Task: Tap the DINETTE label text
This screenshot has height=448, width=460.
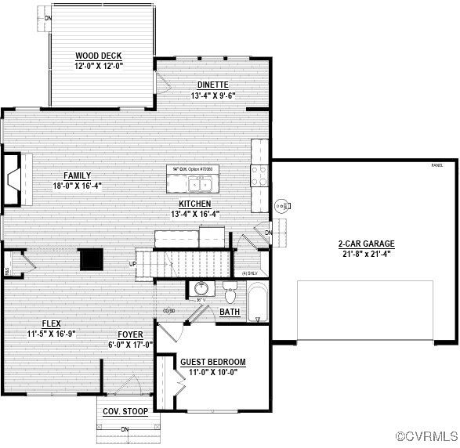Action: tap(212, 85)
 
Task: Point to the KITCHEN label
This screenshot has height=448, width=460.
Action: tap(195, 203)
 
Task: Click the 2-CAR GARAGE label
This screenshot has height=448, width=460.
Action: tap(366, 244)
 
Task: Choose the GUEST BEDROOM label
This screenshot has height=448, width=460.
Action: tap(213, 362)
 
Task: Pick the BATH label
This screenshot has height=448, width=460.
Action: tap(230, 312)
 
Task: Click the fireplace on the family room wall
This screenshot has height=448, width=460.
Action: tap(13, 180)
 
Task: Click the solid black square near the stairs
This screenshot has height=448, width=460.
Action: tap(92, 258)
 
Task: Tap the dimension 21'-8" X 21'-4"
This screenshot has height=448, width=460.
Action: tap(366, 253)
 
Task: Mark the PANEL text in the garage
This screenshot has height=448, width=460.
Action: tap(436, 165)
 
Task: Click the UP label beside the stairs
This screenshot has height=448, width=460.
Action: tap(132, 263)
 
